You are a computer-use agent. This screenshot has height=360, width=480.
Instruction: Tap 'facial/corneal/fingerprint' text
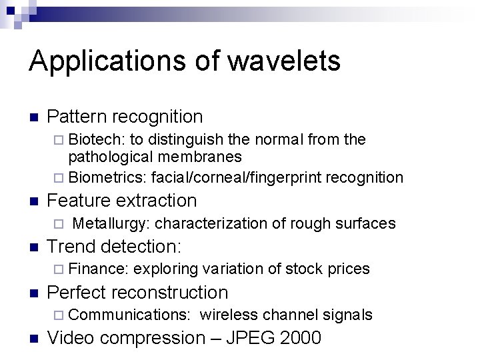(235, 177)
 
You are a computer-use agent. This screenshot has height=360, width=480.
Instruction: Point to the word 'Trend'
(73, 246)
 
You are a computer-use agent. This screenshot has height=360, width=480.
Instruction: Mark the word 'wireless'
(228, 314)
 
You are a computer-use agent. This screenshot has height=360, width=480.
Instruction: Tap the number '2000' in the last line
(300, 338)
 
